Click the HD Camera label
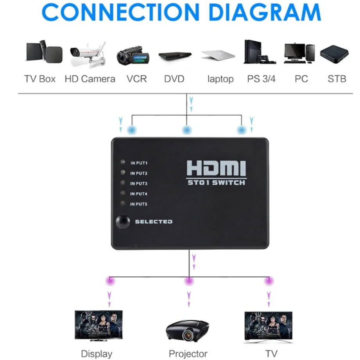[x=90, y=79]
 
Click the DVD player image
[x=175, y=56]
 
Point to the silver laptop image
[x=219, y=55]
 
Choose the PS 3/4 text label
[x=261, y=79]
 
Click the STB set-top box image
[x=334, y=54]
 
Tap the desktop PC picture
[x=299, y=53]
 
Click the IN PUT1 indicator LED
[x=123, y=162]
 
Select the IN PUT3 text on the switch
[x=139, y=183]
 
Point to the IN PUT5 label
[x=139, y=204]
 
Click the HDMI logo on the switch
[x=216, y=168]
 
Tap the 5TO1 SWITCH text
[x=216, y=183]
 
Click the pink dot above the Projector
[x=189, y=281]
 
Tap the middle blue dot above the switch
[x=187, y=130]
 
